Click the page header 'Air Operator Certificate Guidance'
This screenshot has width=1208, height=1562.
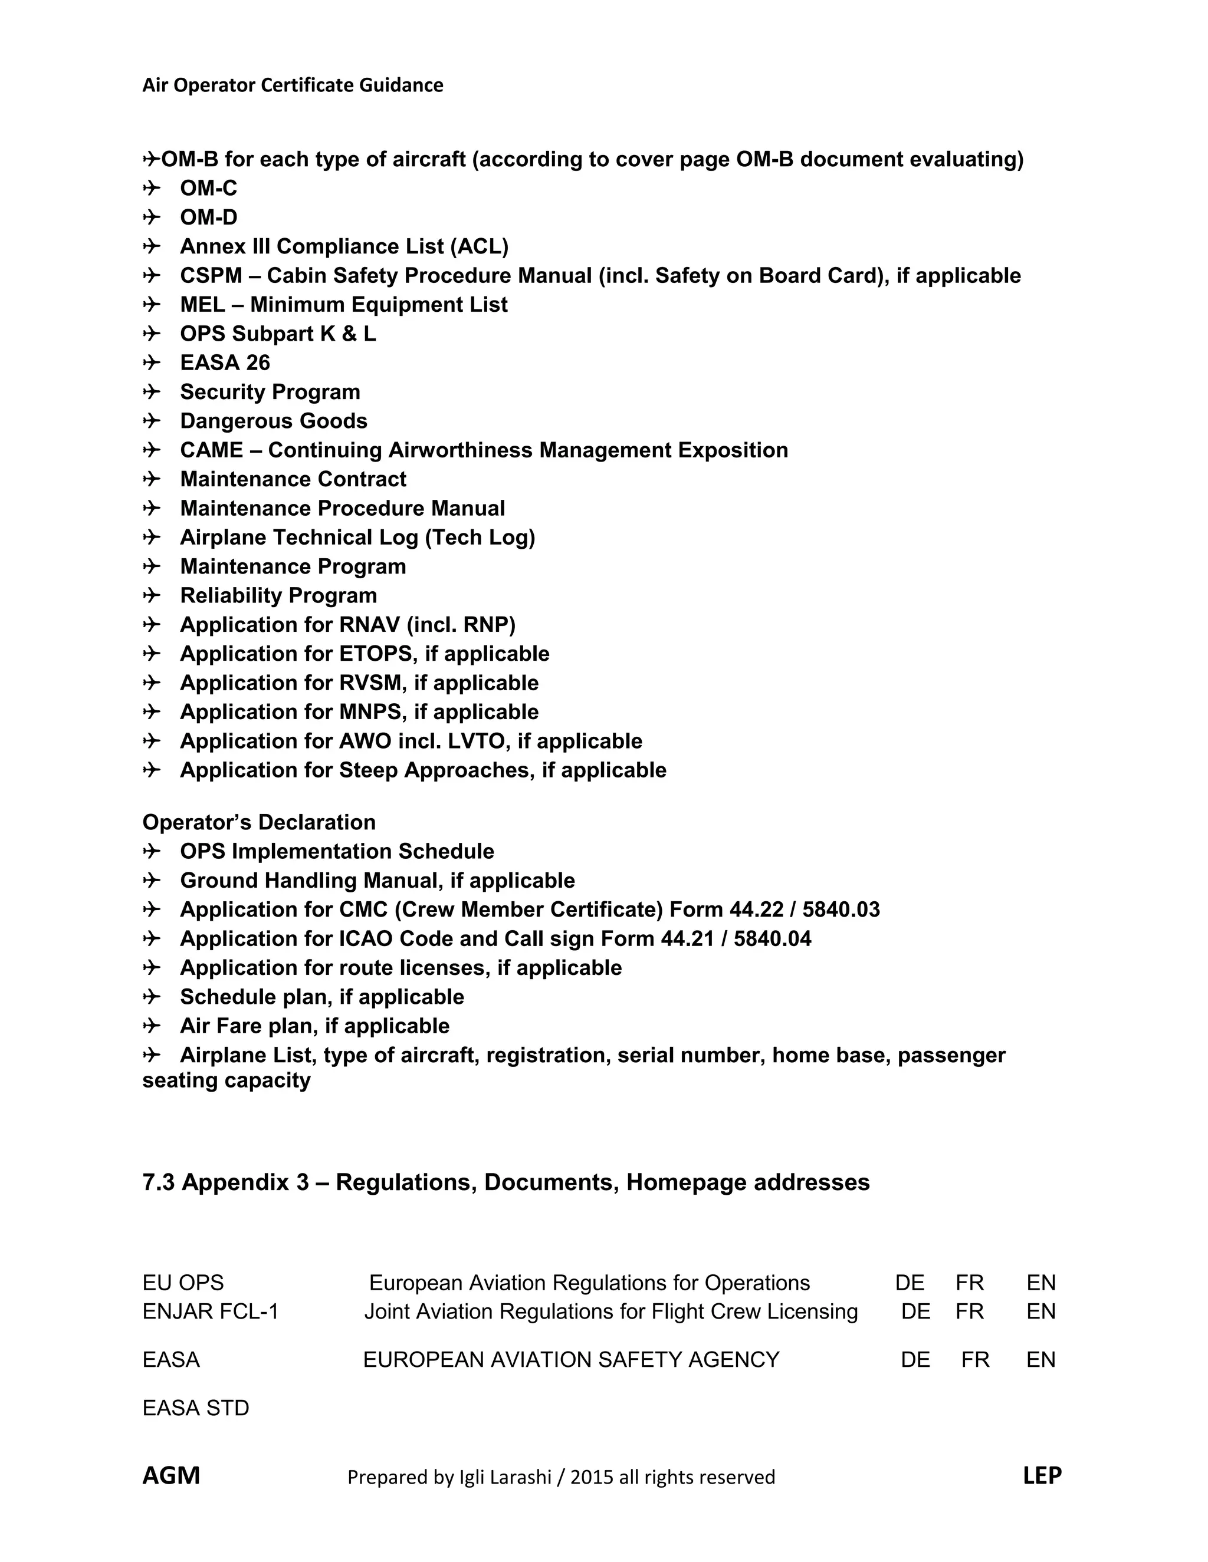[293, 85]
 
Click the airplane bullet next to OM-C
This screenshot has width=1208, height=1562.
[151, 188]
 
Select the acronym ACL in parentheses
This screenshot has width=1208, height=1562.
[479, 247]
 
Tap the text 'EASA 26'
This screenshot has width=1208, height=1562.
[225, 363]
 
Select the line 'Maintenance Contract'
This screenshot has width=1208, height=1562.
[293, 479]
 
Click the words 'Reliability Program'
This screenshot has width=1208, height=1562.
[278, 596]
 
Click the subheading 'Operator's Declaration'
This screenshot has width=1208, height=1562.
[258, 822]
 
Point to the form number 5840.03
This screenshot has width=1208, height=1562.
[841, 909]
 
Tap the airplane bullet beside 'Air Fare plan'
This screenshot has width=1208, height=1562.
[151, 1026]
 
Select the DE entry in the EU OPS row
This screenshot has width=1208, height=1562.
[910, 1283]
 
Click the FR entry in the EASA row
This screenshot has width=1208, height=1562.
[974, 1360]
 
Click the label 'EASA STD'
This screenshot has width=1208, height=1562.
[195, 1408]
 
